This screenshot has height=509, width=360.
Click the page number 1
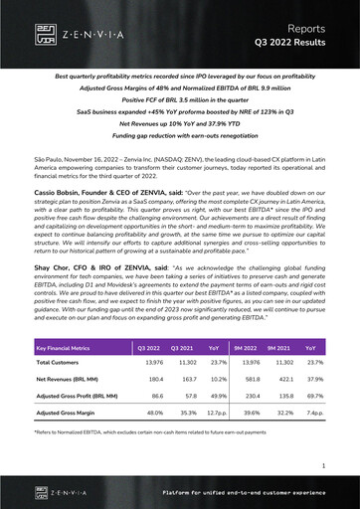click(x=324, y=464)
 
